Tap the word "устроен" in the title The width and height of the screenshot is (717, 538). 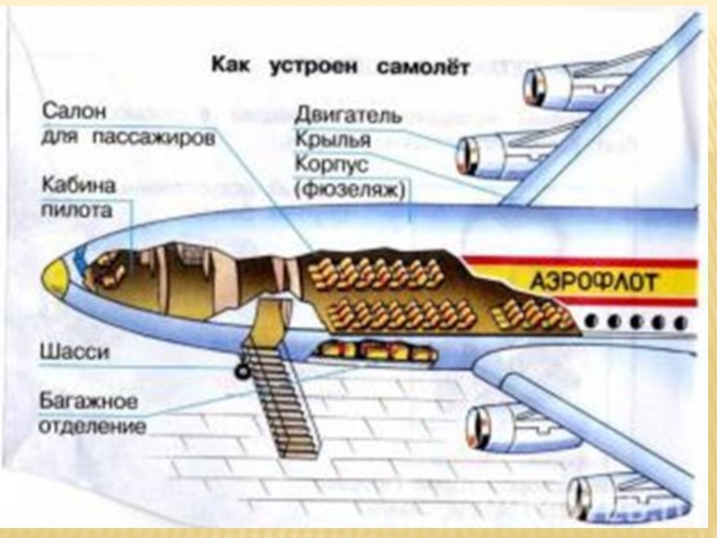(313, 66)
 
